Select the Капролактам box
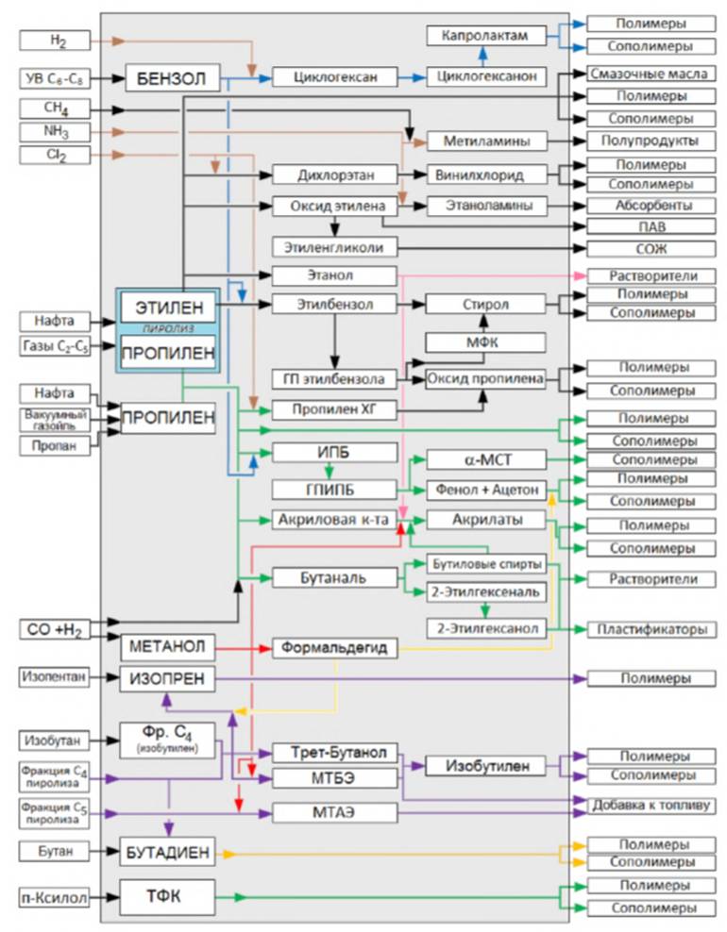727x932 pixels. (x=487, y=36)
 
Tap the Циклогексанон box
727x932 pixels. (x=487, y=76)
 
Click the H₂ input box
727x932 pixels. (x=55, y=41)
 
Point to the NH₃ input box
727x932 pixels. (x=55, y=131)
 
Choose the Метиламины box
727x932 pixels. (x=487, y=141)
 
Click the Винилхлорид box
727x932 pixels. (x=487, y=175)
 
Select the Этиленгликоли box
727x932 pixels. (x=333, y=247)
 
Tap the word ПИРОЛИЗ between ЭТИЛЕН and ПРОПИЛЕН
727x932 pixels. (x=168, y=329)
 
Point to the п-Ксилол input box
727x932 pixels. (x=55, y=898)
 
